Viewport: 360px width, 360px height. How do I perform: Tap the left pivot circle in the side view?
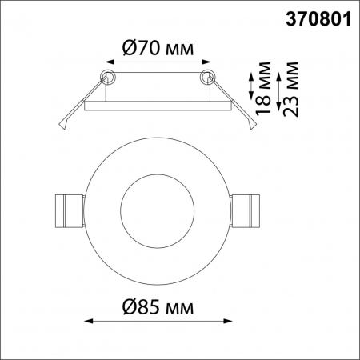click(106, 76)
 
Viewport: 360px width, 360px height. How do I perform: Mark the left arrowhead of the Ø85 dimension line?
click(88, 322)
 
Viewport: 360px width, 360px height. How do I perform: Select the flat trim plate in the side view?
click(157, 102)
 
